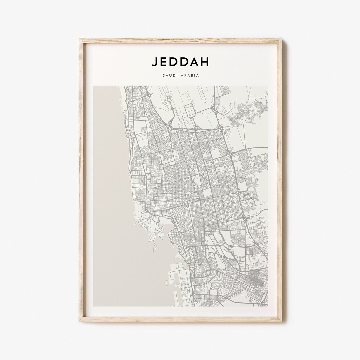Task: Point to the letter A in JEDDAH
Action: point(198,62)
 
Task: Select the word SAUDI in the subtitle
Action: point(170,75)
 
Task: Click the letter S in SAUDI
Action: point(164,75)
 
